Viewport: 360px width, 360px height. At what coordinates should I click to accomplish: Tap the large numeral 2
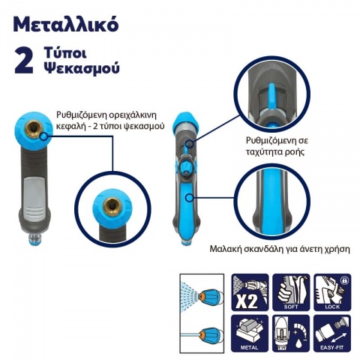point(25,62)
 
